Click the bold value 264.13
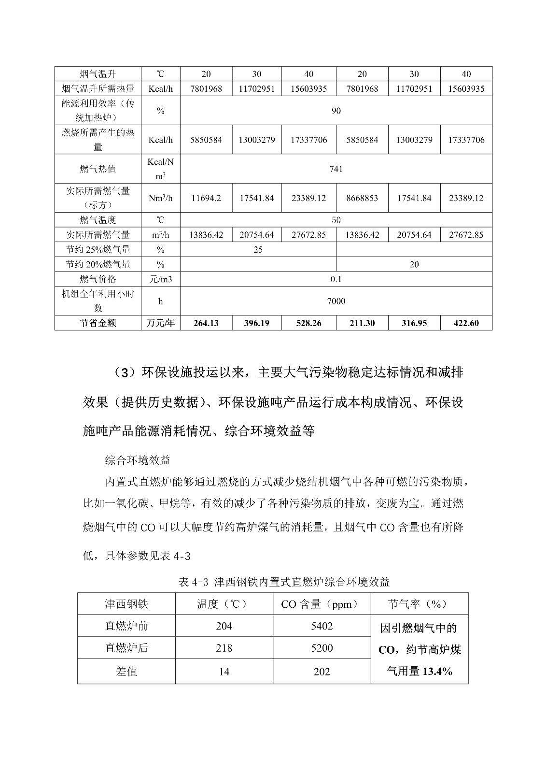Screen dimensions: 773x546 (x=206, y=323)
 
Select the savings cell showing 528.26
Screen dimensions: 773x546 (x=308, y=323)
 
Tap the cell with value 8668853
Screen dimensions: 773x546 (x=362, y=198)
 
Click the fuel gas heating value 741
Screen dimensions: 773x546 (x=336, y=169)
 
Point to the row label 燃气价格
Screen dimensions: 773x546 (x=98, y=279)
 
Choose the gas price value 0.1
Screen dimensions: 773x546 (x=336, y=279)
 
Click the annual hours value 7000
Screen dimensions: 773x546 (x=336, y=301)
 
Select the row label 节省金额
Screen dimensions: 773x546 (x=98, y=323)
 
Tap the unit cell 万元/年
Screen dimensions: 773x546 (x=160, y=323)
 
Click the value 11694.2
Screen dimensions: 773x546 (x=206, y=198)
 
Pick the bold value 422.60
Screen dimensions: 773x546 (x=466, y=323)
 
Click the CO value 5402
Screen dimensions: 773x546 (x=322, y=626)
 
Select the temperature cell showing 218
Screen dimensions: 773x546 (x=224, y=648)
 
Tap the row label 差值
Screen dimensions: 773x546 (x=126, y=672)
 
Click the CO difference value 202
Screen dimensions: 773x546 (x=322, y=672)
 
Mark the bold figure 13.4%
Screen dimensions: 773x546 (x=437, y=671)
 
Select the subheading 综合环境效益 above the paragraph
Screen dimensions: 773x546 (x=138, y=460)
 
